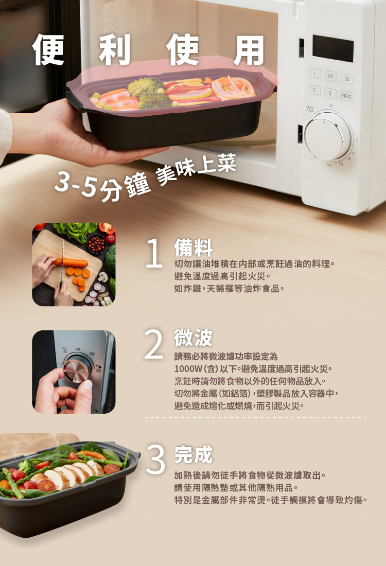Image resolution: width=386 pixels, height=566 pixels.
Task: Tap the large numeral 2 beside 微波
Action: (x=154, y=344)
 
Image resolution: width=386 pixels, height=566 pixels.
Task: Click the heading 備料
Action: (x=194, y=248)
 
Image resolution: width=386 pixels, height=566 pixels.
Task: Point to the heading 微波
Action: (x=193, y=338)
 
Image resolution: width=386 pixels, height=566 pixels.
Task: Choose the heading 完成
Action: (x=193, y=454)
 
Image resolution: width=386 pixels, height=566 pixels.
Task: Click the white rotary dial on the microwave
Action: (x=328, y=137)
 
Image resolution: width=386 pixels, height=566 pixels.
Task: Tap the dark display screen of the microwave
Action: (x=333, y=49)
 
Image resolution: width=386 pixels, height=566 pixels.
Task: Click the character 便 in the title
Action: (x=50, y=50)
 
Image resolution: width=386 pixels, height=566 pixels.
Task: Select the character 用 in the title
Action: (x=249, y=50)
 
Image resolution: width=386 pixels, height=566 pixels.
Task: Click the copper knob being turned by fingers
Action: (x=75, y=369)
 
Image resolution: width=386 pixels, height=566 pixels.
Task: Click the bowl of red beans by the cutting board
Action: (x=96, y=243)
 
